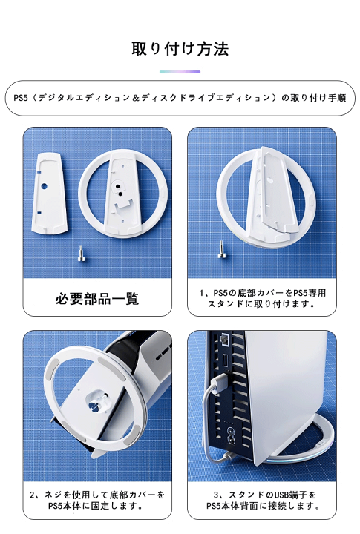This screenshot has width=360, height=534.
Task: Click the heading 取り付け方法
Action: (180, 49)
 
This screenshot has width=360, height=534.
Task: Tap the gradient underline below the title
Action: (180, 72)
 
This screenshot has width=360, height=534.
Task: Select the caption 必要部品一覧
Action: (97, 299)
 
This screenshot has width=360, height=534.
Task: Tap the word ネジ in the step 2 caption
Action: (56, 495)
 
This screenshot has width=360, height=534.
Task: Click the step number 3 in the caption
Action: (216, 495)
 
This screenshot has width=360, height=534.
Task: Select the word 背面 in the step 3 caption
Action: (253, 507)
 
